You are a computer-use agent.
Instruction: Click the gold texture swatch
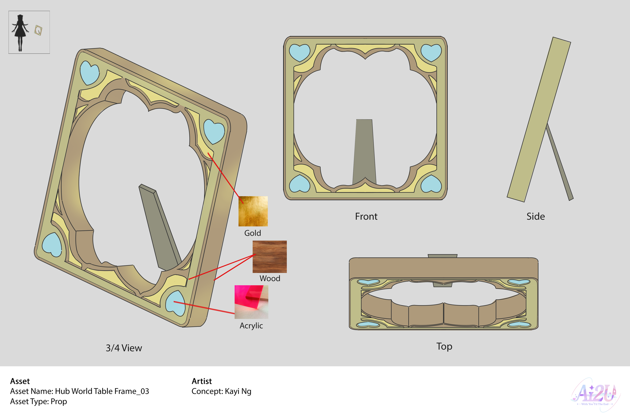253,211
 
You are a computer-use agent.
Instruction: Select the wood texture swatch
269,257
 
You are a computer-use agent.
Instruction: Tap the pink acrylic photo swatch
251,302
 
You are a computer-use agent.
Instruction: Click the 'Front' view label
366,216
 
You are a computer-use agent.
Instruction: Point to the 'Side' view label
535,216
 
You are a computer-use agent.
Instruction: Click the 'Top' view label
444,346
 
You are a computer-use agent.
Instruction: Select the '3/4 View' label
124,348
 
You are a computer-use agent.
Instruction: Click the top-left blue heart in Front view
299,52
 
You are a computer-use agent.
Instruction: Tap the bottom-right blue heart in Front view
431,184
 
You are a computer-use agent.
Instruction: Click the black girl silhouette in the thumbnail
20,32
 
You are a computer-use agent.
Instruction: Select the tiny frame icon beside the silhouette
38,30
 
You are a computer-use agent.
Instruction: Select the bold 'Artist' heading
202,381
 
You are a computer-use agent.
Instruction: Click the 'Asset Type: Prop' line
38,401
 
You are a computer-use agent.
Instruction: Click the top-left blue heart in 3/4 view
89,72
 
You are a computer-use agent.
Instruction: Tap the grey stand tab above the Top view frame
442,256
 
